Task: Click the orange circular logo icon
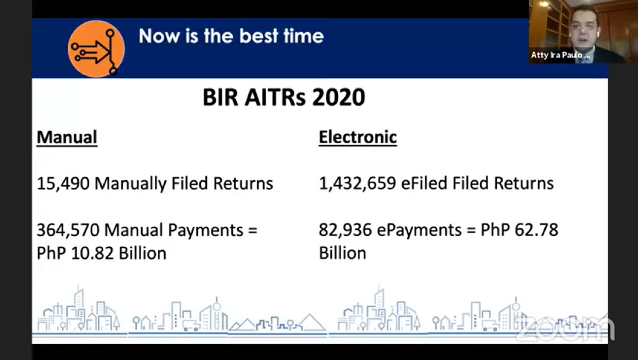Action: (x=96, y=49)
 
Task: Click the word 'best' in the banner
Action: (x=259, y=36)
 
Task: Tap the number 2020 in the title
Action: (x=339, y=97)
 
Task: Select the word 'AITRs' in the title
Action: (x=275, y=97)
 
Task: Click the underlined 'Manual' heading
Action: (x=67, y=137)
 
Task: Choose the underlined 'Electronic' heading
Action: (x=358, y=137)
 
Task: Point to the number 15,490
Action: (x=63, y=183)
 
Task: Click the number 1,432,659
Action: (x=357, y=183)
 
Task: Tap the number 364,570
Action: (x=68, y=230)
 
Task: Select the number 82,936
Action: (x=345, y=230)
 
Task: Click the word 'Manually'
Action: (x=131, y=184)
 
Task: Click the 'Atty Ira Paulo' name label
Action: (x=560, y=55)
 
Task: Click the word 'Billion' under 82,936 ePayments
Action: (x=342, y=253)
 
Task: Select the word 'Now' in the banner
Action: (x=159, y=37)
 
